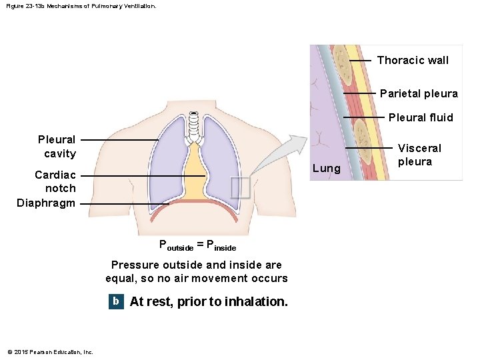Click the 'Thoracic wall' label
pyautogui.click(x=413, y=60)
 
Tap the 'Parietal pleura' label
pyautogui.click(x=419, y=93)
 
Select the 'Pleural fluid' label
pyautogui.click(x=420, y=117)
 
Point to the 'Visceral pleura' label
pyautogui.click(x=419, y=155)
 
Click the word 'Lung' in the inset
pyautogui.click(x=326, y=168)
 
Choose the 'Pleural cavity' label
pyautogui.click(x=57, y=147)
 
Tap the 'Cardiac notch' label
pyautogui.click(x=55, y=181)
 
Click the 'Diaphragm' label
pyautogui.click(x=46, y=203)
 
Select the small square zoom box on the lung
pyautogui.click(x=240, y=187)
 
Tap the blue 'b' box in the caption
pyautogui.click(x=116, y=301)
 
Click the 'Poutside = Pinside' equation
pyautogui.click(x=197, y=245)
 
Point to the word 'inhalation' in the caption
pyautogui.click(x=256, y=301)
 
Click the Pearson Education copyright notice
pyautogui.click(x=51, y=351)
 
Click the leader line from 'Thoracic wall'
pyautogui.click(x=361, y=60)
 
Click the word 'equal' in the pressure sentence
pyautogui.click(x=121, y=278)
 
